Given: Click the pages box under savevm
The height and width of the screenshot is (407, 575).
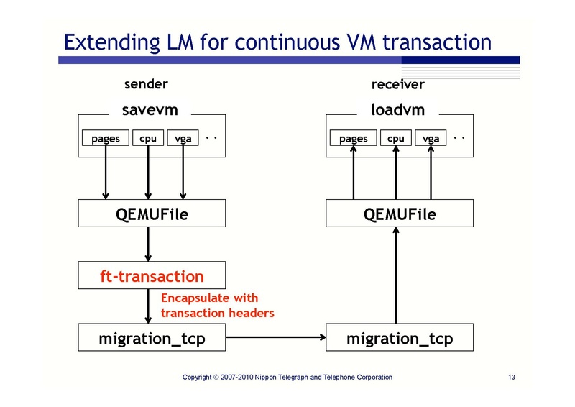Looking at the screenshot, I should coord(106,138).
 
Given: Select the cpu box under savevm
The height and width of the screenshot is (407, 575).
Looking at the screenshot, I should coord(148,138).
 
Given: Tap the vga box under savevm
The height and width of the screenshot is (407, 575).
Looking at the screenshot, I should coord(183,138).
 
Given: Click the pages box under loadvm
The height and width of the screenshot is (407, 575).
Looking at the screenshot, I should coord(353,138).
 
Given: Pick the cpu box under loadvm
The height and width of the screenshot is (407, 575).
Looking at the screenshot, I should coord(396,138).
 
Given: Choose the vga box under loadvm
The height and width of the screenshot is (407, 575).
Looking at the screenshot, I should coord(431,138).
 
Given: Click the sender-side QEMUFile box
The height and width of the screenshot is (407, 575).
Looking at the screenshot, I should coord(152,214).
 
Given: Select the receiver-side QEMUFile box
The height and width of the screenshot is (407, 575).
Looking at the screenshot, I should coord(400,214).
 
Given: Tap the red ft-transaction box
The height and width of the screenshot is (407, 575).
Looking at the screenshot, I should coord(152,276).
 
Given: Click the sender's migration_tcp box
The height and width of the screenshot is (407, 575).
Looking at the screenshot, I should coord(152,338).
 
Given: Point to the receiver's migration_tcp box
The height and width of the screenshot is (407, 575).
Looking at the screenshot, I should coord(400,338).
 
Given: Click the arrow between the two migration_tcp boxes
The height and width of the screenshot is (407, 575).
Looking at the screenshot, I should coord(276,338).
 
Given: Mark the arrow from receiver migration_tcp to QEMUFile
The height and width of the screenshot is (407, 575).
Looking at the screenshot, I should coord(396,277).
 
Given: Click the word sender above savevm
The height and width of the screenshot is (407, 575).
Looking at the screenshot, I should coord(147,84).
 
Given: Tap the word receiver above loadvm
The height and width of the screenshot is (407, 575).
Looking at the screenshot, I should coord(397,85).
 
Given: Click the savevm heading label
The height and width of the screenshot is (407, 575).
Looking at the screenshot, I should coord(150,110).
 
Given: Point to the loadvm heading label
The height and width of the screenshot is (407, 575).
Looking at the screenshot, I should coord(398,110).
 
